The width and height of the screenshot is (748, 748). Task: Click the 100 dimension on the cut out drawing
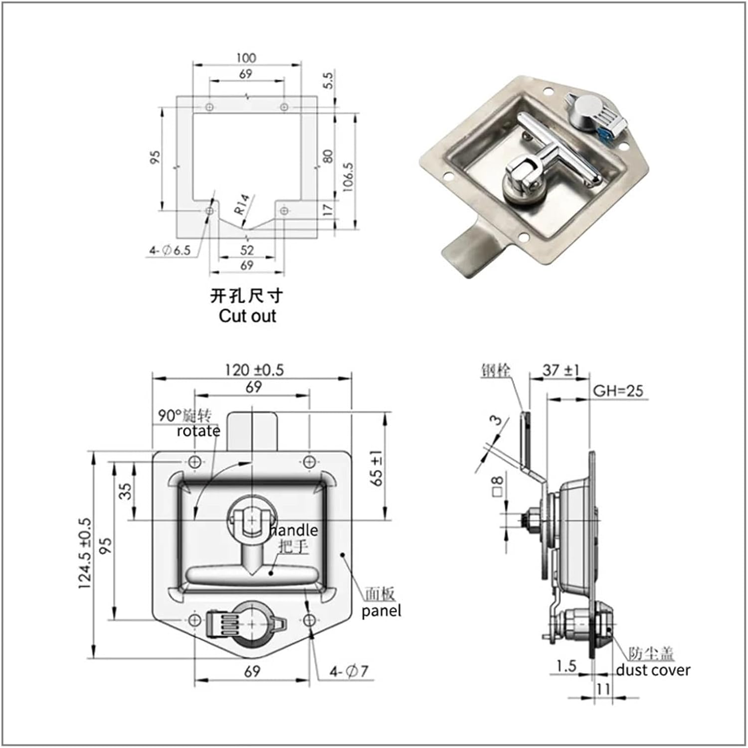coord(246,58)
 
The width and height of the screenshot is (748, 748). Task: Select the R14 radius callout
coord(242,204)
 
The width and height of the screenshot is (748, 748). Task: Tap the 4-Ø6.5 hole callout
coord(170,250)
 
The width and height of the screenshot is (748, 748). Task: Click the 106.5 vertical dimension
coord(348,177)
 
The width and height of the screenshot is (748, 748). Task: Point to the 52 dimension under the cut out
coord(247,250)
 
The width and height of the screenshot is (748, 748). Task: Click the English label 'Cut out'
coord(247,316)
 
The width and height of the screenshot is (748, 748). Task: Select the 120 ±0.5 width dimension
coord(254,370)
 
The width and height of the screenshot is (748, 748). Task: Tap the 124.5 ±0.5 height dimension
coord(85,554)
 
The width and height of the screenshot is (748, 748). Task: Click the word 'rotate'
coord(198,431)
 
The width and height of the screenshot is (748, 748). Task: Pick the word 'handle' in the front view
coord(294,530)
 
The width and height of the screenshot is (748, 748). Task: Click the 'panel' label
coord(381,611)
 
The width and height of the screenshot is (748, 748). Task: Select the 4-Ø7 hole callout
coord(349,672)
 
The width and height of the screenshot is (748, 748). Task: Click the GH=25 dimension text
coord(618,390)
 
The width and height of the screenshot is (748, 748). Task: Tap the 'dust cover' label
coord(653,670)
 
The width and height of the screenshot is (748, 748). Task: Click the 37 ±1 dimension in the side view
coord(561,370)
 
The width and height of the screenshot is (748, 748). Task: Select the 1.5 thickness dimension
coord(566,666)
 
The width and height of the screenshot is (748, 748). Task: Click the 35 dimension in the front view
coord(127,491)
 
